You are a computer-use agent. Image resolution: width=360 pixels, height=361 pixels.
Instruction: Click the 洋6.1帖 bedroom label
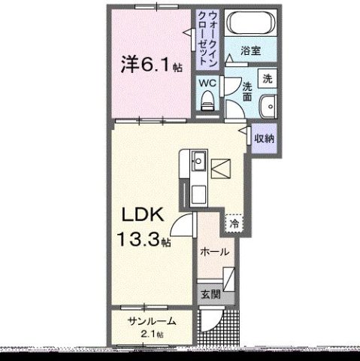click(x=150, y=65)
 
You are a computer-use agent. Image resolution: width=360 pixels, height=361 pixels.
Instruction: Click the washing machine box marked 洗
click(x=266, y=77)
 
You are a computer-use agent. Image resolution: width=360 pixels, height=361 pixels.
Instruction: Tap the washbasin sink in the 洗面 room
click(x=268, y=106)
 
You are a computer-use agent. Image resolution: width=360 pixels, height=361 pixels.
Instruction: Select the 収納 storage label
click(x=264, y=138)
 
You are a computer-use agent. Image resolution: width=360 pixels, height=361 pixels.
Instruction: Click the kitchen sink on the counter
click(x=199, y=161)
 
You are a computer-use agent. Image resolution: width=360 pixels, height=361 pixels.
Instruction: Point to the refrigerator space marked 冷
click(x=234, y=223)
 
